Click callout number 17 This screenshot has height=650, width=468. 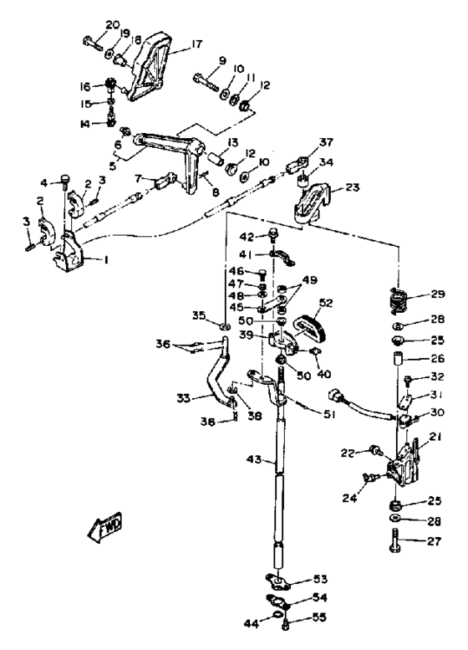pos(197,44)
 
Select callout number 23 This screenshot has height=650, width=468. pos(352,187)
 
